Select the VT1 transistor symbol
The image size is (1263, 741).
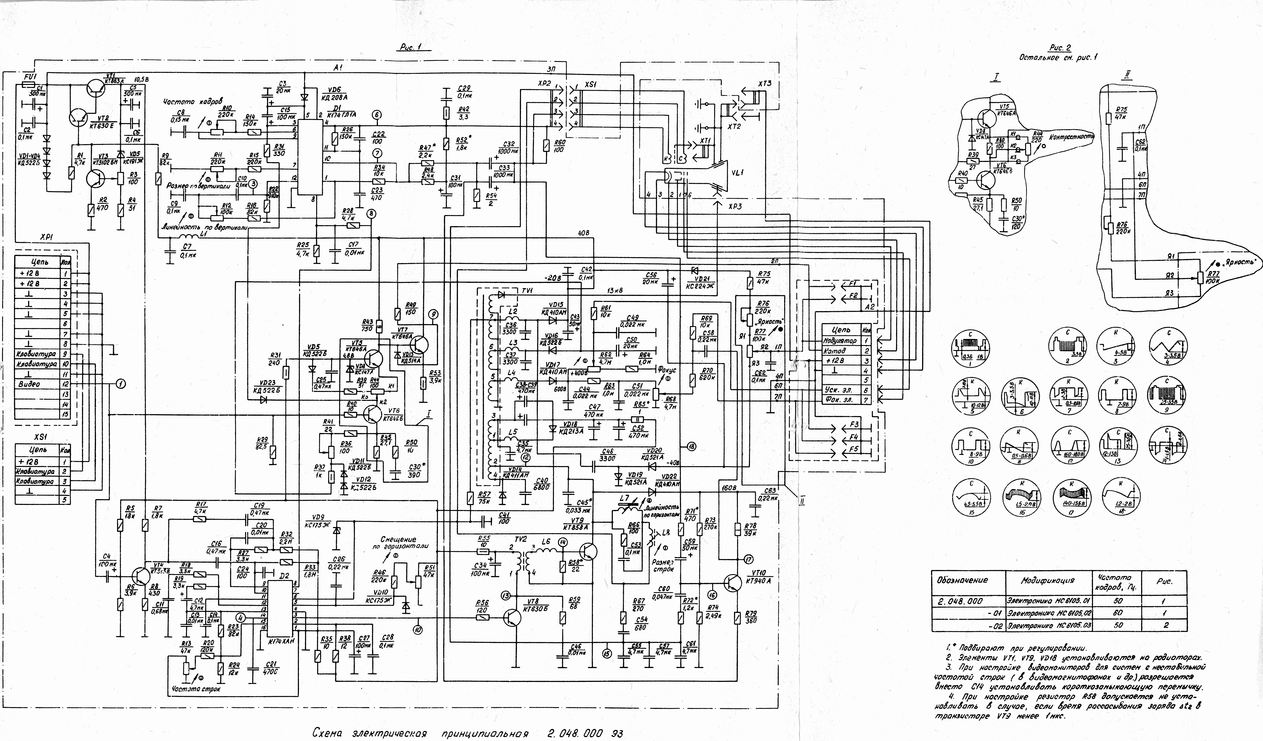point(95,89)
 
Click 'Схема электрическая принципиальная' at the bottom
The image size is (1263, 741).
point(421,733)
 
